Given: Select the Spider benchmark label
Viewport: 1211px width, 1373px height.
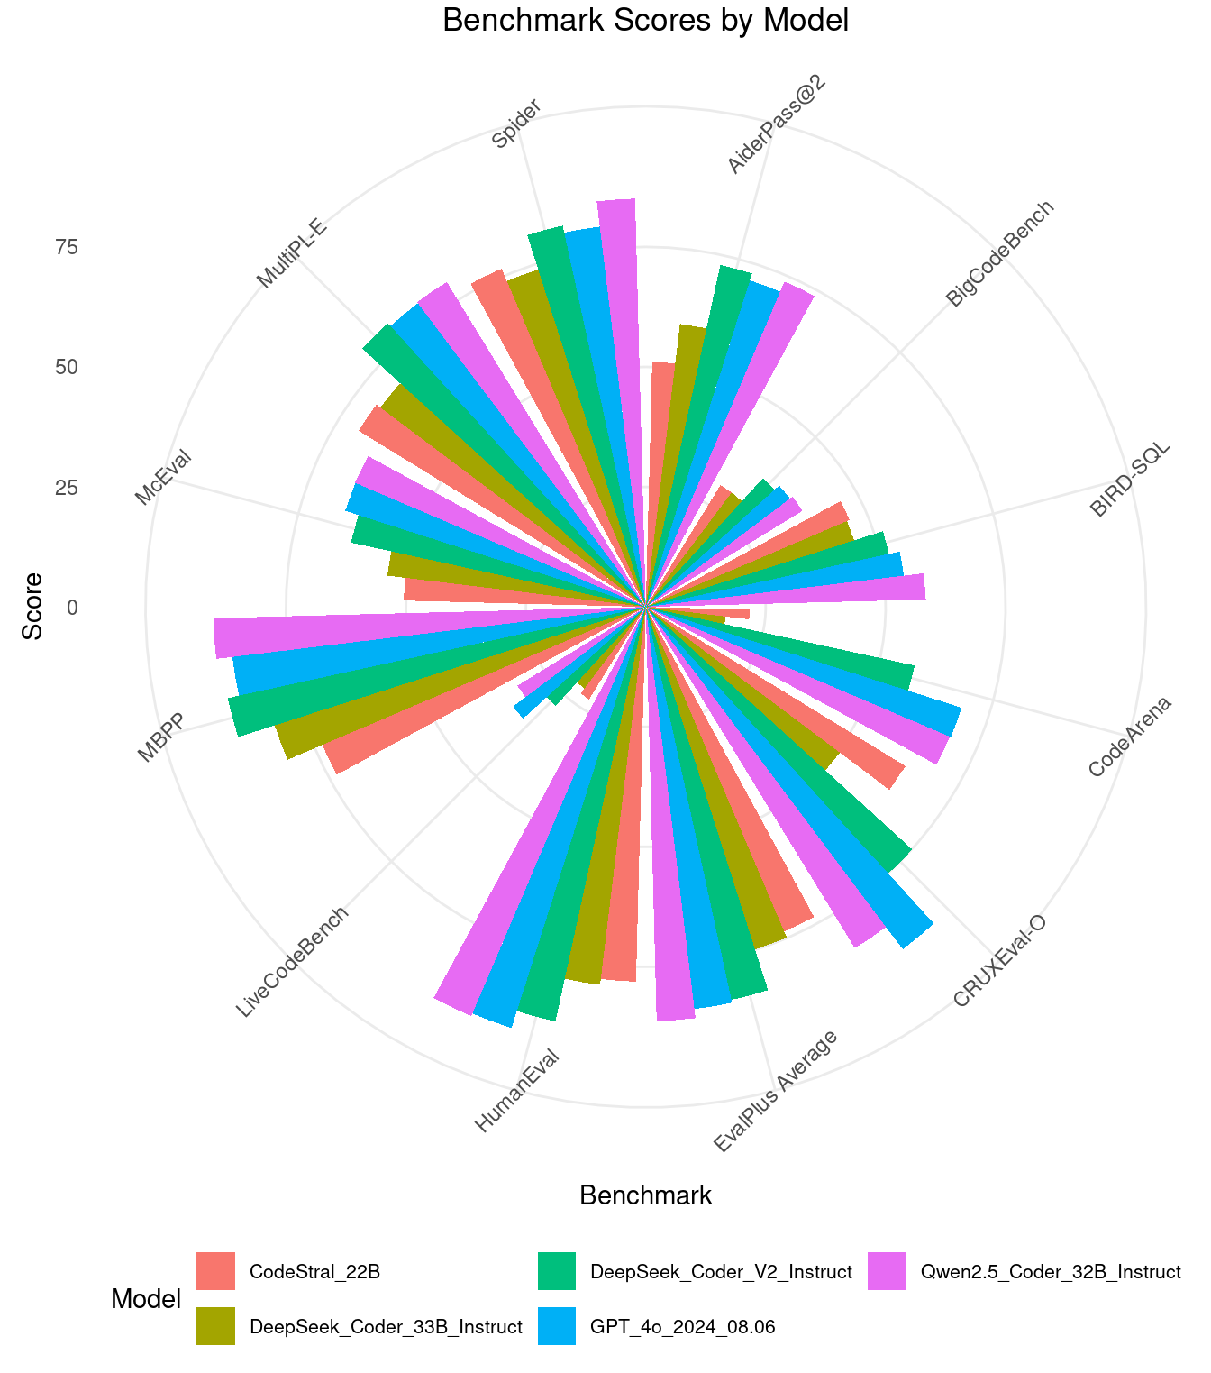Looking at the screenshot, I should [517, 124].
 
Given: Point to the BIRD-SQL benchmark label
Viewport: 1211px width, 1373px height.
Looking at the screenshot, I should [1130, 480].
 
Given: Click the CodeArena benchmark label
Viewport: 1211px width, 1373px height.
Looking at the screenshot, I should [1129, 737].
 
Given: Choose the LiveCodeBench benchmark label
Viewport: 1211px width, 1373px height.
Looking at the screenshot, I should [291, 963].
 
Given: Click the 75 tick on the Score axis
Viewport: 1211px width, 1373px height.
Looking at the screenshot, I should [67, 247].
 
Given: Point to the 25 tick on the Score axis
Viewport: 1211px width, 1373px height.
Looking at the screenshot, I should [67, 488].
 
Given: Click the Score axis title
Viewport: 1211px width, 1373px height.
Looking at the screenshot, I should [33, 606].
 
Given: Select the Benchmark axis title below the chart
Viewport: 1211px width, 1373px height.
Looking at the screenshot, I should [645, 1195].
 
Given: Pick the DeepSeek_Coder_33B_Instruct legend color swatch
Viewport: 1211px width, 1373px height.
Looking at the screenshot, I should [216, 1326].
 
